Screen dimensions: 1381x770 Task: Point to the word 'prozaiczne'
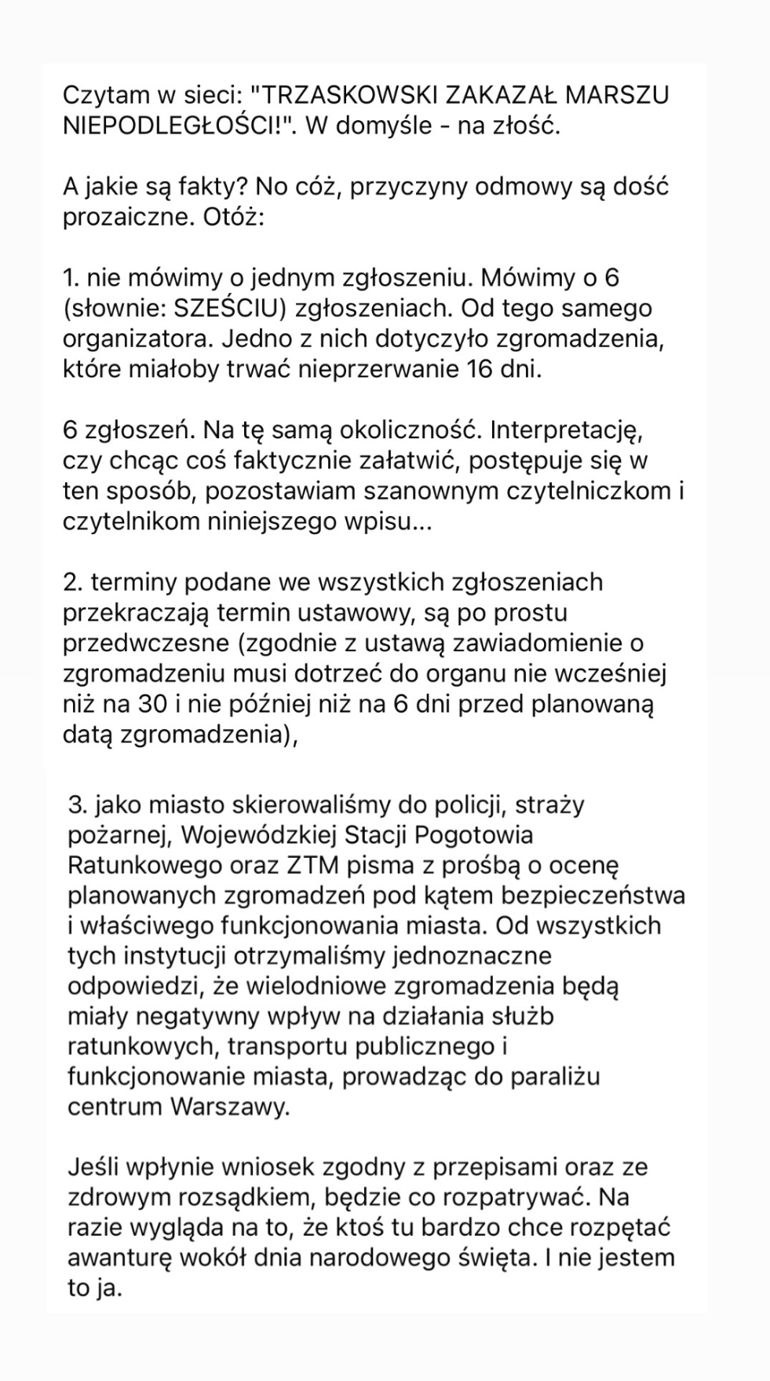pos(125,217)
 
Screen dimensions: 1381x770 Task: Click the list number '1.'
pos(72,278)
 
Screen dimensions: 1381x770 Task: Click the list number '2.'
pos(74,583)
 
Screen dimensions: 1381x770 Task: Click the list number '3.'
pos(78,805)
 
